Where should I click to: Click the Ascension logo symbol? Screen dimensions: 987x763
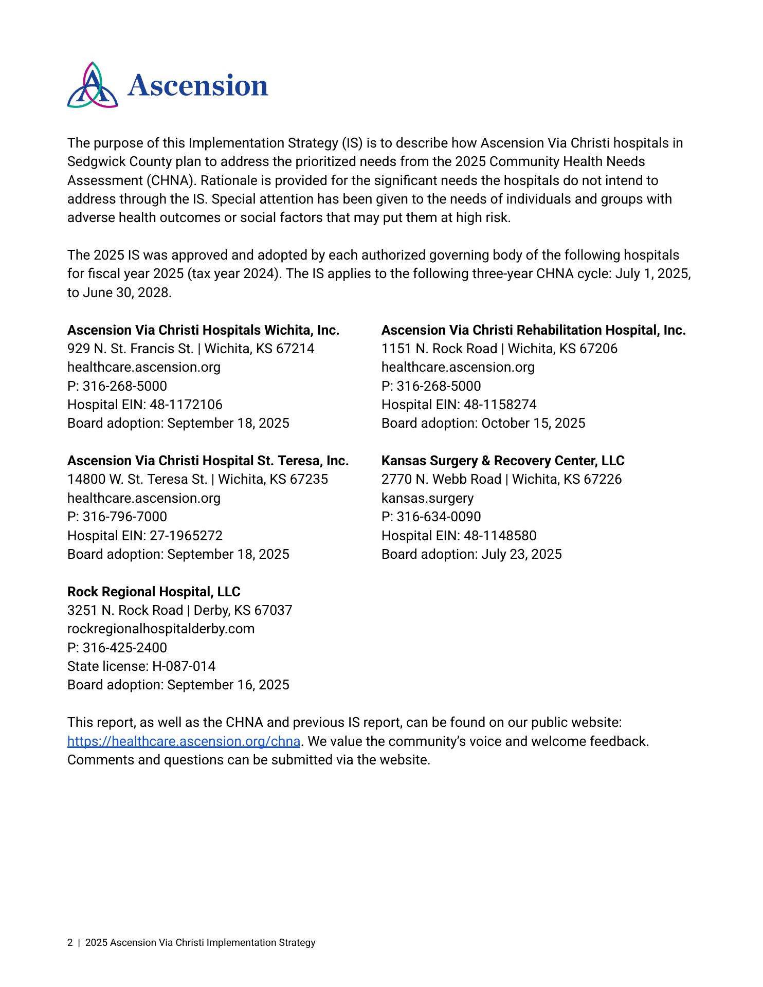[93, 85]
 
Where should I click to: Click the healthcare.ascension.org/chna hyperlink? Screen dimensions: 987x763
[184, 741]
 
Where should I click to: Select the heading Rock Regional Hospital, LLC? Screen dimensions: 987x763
[154, 592]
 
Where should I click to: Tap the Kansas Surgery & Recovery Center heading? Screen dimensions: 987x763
[502, 461]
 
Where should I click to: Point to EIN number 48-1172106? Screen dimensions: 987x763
[186, 405]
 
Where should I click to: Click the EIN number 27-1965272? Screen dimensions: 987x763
[186, 536]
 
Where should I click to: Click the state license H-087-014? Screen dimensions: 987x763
[184, 666]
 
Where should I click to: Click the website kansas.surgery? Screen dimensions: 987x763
[427, 498]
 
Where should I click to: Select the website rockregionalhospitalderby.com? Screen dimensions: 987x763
[161, 629]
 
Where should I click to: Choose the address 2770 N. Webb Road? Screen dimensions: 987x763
[441, 479]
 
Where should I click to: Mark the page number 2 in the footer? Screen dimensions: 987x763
[70, 943]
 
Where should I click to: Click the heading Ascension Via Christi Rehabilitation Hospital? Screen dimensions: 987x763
[533, 330]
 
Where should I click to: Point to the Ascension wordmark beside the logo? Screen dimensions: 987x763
[198, 85]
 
